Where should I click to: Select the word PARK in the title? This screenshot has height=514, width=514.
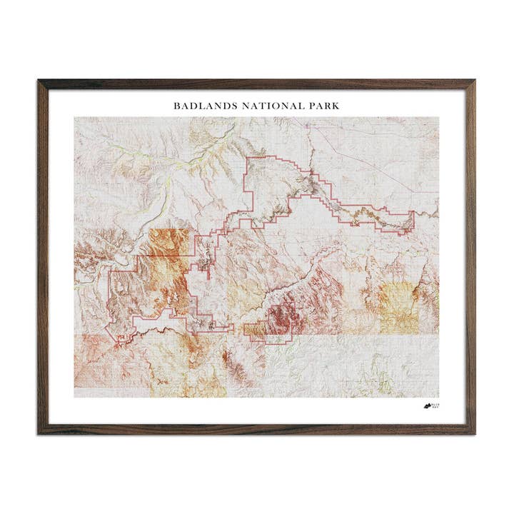point(324,106)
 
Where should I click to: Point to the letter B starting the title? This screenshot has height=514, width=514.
point(176,106)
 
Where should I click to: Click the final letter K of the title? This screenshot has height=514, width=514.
point(336,106)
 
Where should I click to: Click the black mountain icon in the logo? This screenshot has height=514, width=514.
point(428,407)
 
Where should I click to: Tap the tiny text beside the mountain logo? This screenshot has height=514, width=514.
point(436,407)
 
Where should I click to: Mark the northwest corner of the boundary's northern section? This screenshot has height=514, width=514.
point(246,157)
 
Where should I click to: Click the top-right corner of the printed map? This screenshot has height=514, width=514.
point(439,117)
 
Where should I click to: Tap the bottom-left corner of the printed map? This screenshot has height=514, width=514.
point(74,397)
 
